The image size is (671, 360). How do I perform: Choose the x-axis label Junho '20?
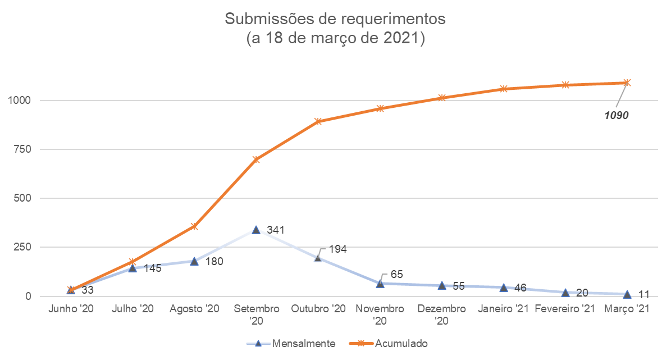click(71, 309)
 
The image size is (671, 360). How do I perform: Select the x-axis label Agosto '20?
click(194, 309)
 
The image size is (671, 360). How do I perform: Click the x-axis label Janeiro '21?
click(503, 309)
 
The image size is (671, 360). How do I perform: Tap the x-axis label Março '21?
click(627, 309)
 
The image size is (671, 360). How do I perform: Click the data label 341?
click(276, 230)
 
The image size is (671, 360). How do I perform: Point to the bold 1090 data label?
click(616, 116)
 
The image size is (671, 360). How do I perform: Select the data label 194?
click(338, 249)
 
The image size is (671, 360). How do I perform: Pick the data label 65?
click(396, 275)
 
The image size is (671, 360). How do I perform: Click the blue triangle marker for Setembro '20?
click(256, 230)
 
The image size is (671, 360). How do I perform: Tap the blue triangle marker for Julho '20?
click(133, 268)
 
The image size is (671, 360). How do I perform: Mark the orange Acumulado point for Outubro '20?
click(318, 121)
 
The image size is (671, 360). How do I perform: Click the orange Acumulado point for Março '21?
click(627, 83)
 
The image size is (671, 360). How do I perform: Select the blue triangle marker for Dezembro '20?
click(442, 285)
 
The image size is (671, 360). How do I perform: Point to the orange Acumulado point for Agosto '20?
click(194, 226)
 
